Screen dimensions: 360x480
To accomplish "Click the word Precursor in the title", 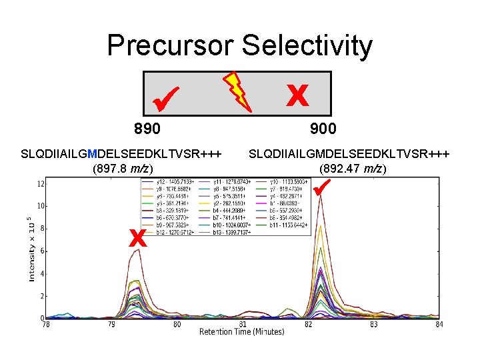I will pyautogui.click(x=171, y=46).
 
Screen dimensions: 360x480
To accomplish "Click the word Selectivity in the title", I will pyautogui.click(x=307, y=46).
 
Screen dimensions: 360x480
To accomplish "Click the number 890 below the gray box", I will pyautogui.click(x=147, y=129).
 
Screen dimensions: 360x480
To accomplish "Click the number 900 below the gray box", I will pyautogui.click(x=323, y=129).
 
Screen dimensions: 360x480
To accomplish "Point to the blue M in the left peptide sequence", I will pyautogui.click(x=92, y=155).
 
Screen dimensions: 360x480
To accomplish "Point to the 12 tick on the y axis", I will pyautogui.click(x=41, y=183).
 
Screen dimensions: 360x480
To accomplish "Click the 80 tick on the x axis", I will pyautogui.click(x=177, y=325).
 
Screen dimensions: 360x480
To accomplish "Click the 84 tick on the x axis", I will pyautogui.click(x=437, y=325).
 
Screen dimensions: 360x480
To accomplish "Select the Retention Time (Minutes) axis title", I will pyautogui.click(x=241, y=332).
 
